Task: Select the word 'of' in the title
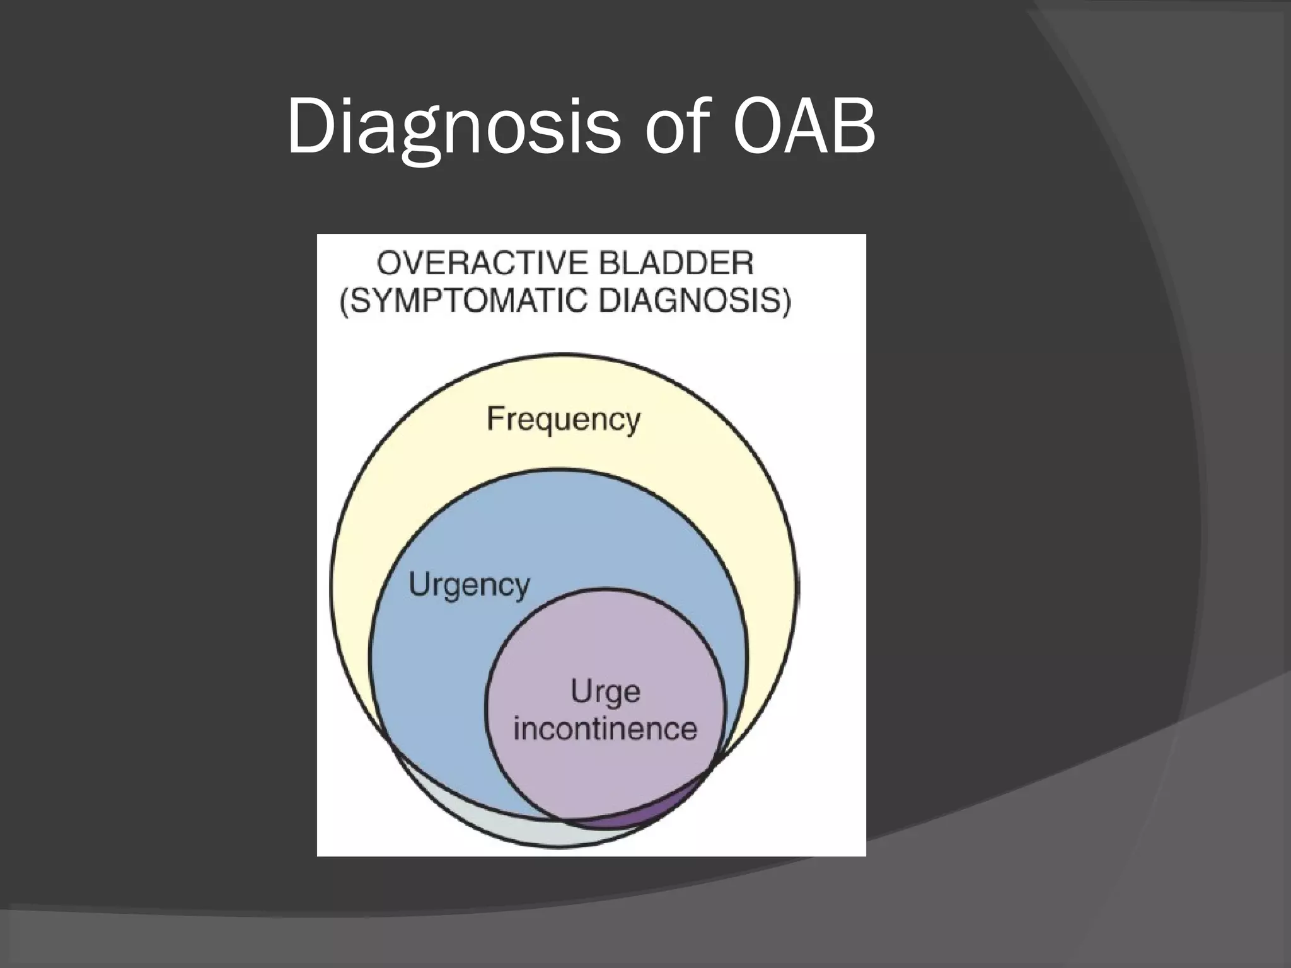click(x=674, y=126)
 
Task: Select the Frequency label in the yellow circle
click(x=564, y=418)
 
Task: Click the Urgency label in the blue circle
click(x=469, y=585)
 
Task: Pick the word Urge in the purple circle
click(x=605, y=692)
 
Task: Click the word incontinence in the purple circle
click(x=605, y=729)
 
